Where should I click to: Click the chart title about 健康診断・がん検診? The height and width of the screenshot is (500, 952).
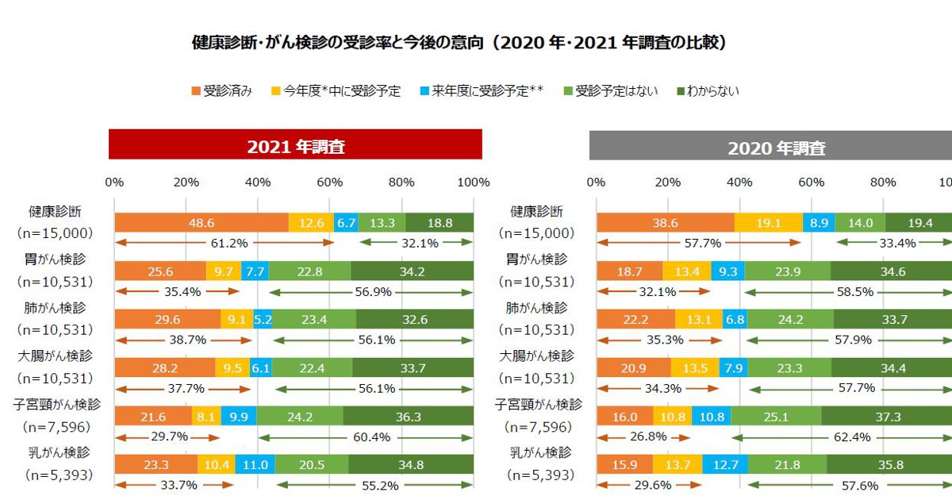459,43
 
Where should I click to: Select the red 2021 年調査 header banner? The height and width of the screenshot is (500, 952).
295,146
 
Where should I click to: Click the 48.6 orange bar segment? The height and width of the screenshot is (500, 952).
202,223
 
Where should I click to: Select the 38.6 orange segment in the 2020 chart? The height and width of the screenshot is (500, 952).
665,224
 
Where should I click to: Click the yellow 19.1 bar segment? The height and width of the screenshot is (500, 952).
768,224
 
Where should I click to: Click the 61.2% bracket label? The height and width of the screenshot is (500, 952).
224,243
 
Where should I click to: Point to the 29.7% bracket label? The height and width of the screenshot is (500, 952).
167,437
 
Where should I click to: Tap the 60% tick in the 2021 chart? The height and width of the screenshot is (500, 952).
330,183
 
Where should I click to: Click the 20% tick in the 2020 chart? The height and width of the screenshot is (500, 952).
667,183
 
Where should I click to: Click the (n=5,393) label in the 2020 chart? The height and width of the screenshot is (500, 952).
540,475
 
